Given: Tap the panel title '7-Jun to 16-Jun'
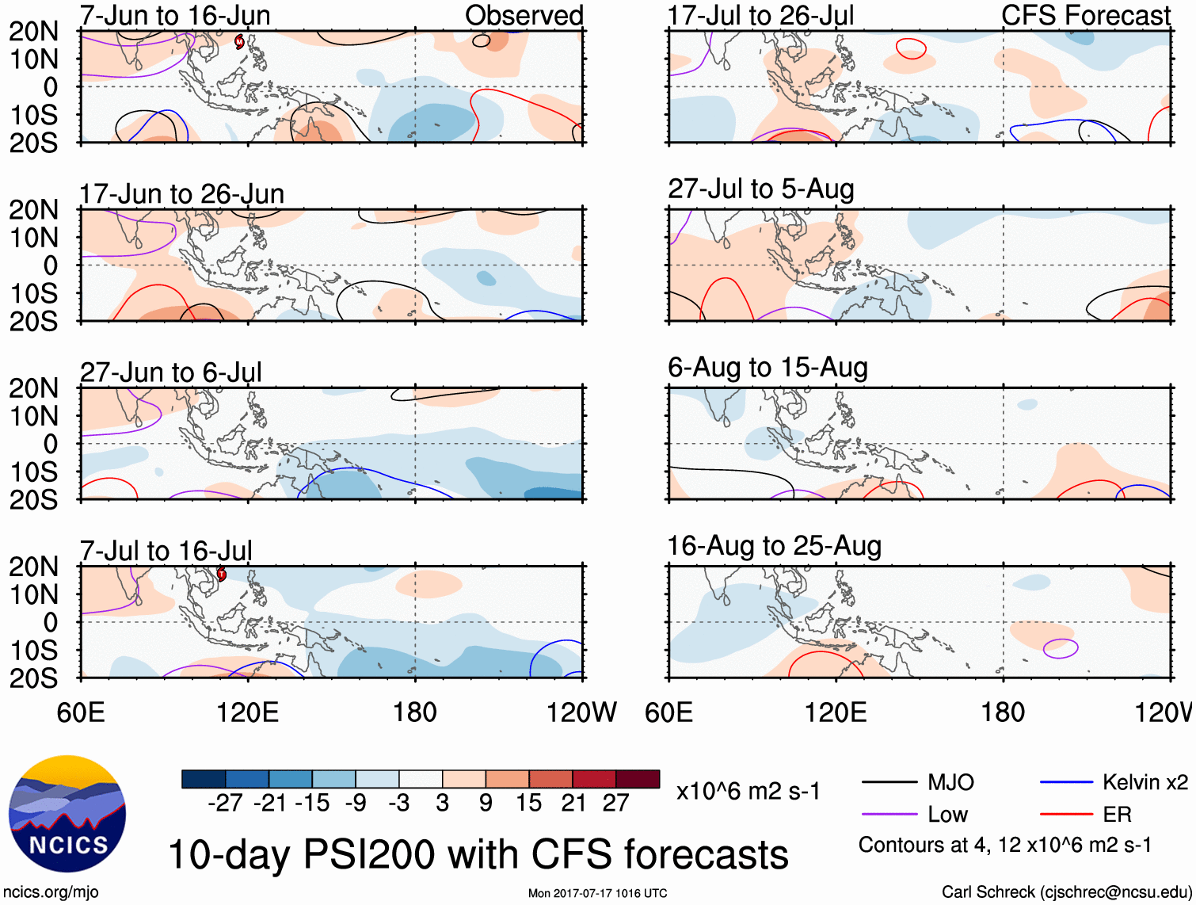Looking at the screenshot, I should click(175, 15).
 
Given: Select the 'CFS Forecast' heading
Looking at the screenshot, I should click(1085, 15).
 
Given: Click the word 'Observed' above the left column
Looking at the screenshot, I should click(524, 15).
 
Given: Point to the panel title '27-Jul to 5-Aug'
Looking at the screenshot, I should click(760, 189).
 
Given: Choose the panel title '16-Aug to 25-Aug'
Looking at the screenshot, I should click(774, 546).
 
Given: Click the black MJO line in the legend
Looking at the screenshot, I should click(889, 783).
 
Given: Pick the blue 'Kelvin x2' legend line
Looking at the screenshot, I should click(1066, 783).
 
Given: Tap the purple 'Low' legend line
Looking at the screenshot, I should click(889, 814).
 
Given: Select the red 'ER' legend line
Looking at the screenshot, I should click(1066, 814).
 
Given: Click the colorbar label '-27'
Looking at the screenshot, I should click(225, 803).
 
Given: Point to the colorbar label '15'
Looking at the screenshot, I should click(528, 803).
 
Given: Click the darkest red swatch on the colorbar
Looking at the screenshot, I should click(638, 779).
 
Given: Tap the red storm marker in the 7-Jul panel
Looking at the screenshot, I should click(222, 574).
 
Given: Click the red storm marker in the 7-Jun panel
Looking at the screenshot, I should click(239, 41).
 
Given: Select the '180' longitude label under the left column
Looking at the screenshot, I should click(414, 712).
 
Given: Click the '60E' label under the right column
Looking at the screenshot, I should click(669, 712).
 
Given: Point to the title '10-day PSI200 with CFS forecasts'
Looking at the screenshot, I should click(478, 854).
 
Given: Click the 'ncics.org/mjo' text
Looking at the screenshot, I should click(51, 892).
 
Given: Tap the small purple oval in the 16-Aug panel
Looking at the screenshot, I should click(1061, 648).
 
